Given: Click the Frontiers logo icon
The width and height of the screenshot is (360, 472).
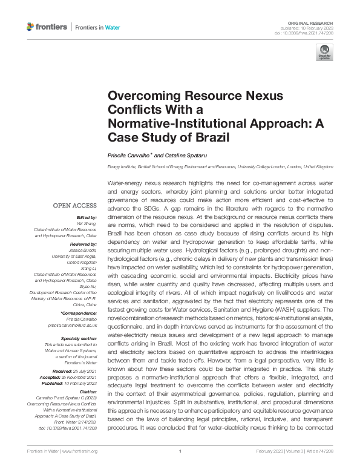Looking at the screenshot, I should [31, 27].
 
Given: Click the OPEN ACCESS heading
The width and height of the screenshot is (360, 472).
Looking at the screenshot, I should [74, 206].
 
